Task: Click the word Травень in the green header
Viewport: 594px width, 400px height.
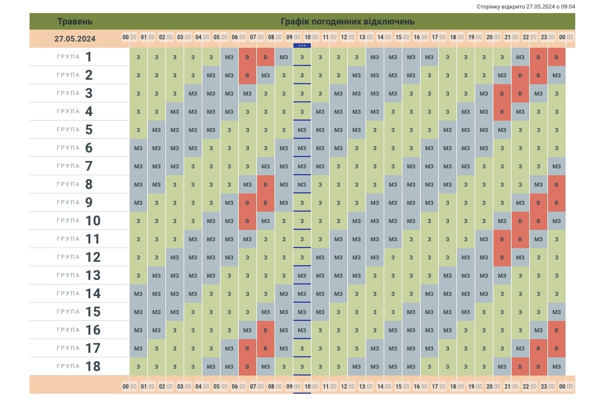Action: tap(74, 22)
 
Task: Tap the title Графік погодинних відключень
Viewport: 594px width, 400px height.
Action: tap(347, 22)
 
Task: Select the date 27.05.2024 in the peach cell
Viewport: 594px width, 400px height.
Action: tap(74, 39)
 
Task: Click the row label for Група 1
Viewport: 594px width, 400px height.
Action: tap(74, 57)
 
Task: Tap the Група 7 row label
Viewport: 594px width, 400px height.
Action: tap(74, 166)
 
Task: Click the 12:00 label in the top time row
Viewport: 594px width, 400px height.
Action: tap(347, 38)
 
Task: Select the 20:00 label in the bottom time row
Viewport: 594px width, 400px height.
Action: tap(493, 387)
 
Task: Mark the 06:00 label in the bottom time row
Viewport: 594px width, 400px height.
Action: tap(238, 387)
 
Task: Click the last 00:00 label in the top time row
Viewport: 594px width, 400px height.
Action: tap(566, 38)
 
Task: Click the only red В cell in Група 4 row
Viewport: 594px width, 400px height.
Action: tap(502, 112)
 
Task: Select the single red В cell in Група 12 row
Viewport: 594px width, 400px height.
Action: tap(502, 257)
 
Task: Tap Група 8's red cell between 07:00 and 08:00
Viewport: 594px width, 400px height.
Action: tap(265, 184)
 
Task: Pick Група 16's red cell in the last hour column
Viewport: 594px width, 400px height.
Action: tap(556, 330)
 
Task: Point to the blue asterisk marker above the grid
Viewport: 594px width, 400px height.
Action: tap(302, 46)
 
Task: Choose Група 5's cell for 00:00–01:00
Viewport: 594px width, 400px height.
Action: tap(138, 130)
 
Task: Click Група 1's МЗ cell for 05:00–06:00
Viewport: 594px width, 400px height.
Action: tap(229, 57)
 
